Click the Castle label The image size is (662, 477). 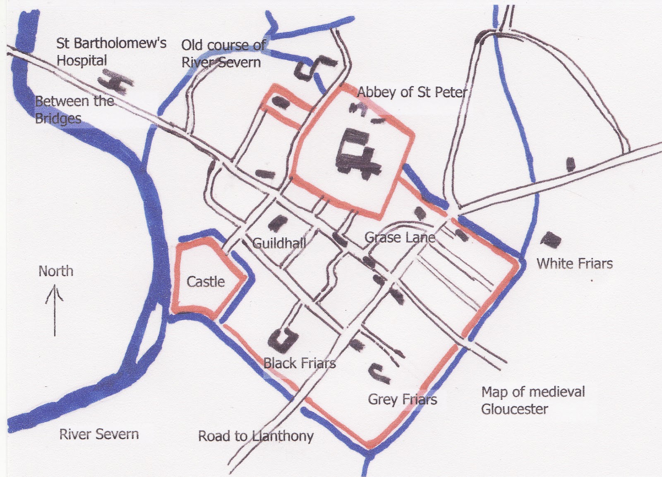(x=206, y=282)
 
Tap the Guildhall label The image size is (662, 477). (x=279, y=243)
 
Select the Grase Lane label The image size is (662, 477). (x=400, y=237)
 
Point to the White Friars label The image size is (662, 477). (x=574, y=263)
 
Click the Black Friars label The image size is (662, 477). (x=300, y=363)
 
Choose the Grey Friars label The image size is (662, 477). (x=402, y=399)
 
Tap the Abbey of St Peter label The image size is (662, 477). (x=412, y=92)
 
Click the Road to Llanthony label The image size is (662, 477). (x=256, y=436)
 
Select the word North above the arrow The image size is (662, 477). (x=56, y=271)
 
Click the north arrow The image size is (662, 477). (x=55, y=310)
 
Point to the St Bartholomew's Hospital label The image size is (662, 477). (x=111, y=52)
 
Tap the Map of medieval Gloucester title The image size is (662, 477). (x=533, y=400)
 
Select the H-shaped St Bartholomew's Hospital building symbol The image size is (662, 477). (x=116, y=81)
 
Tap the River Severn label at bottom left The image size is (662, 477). (x=99, y=434)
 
